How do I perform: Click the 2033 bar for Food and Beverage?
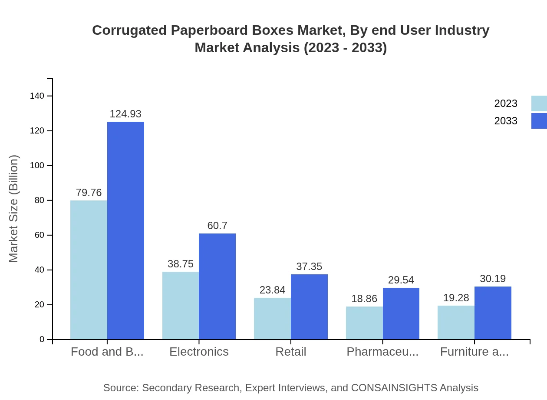(x=125, y=230)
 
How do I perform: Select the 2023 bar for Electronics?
(x=181, y=305)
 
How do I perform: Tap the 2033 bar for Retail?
(x=309, y=307)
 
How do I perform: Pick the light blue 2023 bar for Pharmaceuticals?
(x=364, y=323)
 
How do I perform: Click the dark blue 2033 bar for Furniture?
(x=493, y=313)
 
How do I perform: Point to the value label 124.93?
(x=125, y=114)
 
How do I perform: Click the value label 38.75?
(x=181, y=264)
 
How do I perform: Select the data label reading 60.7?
(x=217, y=226)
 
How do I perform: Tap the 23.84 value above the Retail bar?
(x=272, y=290)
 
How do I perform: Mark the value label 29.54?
(x=401, y=280)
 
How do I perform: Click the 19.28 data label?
(x=456, y=298)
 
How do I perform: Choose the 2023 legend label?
(x=506, y=103)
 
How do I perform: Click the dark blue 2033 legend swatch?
(x=539, y=121)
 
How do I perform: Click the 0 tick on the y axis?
(x=42, y=340)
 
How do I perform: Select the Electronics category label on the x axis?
(x=199, y=352)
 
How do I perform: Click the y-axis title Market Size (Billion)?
(x=14, y=209)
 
